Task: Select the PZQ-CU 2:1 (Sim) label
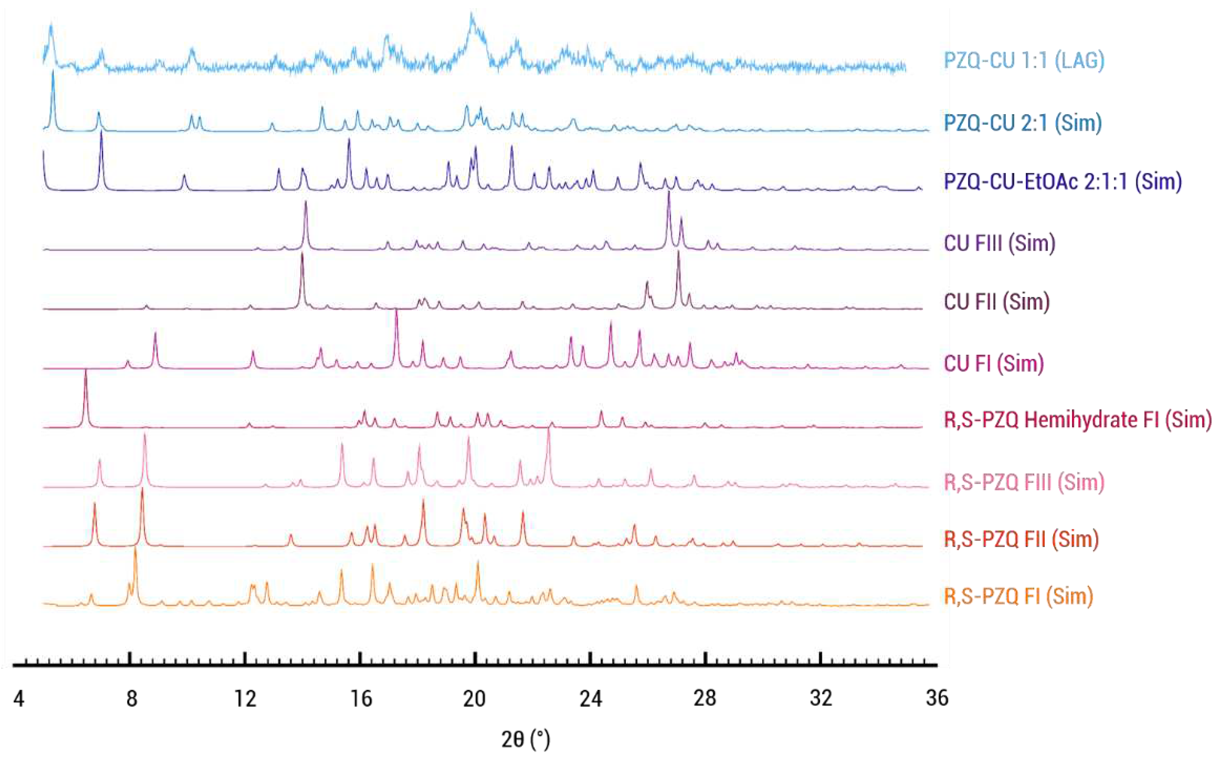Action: (1022, 123)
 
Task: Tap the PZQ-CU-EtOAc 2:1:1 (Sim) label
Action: (1063, 182)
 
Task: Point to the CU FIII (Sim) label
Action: (999, 243)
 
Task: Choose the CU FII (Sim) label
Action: (997, 302)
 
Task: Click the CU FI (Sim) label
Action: (994, 363)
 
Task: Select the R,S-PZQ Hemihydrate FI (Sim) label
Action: (1077, 420)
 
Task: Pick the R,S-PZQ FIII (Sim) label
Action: (1024, 482)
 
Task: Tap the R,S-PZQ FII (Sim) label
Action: (1021, 539)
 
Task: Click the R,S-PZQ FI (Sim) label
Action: (1019, 596)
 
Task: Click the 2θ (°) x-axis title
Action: (525, 740)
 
